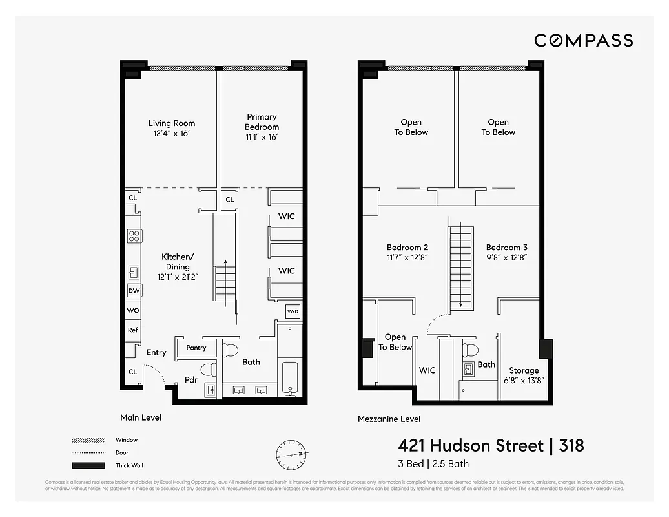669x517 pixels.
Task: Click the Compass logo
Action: (x=583, y=41)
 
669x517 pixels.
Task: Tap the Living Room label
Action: (x=171, y=128)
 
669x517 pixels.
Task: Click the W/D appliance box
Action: (x=293, y=312)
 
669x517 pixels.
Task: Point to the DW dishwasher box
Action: (x=134, y=291)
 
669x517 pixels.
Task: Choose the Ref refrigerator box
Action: (x=133, y=330)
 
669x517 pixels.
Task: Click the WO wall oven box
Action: (x=133, y=311)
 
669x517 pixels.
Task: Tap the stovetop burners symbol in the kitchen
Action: (x=134, y=236)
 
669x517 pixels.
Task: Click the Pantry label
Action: (x=196, y=348)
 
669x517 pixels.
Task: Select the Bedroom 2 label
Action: (x=407, y=252)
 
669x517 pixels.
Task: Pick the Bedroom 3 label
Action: (x=506, y=252)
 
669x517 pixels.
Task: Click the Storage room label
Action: (x=523, y=375)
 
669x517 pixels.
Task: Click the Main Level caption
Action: (x=141, y=417)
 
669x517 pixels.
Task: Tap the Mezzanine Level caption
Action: (x=389, y=419)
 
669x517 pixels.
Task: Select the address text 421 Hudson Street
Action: (x=470, y=445)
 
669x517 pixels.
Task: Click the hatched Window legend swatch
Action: (x=88, y=440)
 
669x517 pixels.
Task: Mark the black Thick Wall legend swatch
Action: (x=88, y=465)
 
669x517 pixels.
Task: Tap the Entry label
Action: (x=156, y=352)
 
